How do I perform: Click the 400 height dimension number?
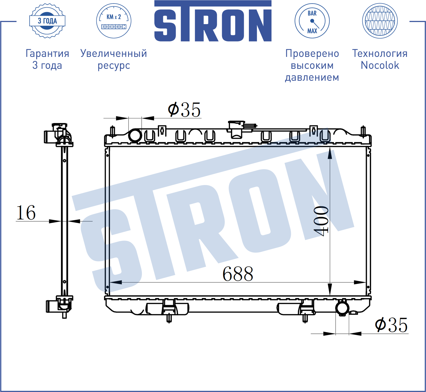pyautogui.click(x=321, y=221)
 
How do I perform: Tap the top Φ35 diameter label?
pyautogui.click(x=184, y=110)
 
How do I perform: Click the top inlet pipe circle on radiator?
pyautogui.click(x=135, y=135)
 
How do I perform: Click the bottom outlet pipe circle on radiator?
pyautogui.click(x=342, y=308)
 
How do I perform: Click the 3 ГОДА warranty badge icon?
pyautogui.click(x=47, y=21)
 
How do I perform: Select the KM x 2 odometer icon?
pyautogui.click(x=114, y=21)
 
